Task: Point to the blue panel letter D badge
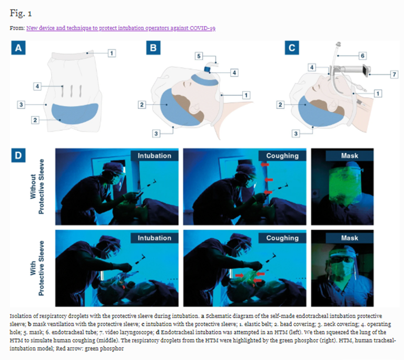coord(19,156)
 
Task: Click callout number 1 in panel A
coord(112,53)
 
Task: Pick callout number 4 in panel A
coord(38,86)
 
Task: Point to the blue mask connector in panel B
coord(208,70)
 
